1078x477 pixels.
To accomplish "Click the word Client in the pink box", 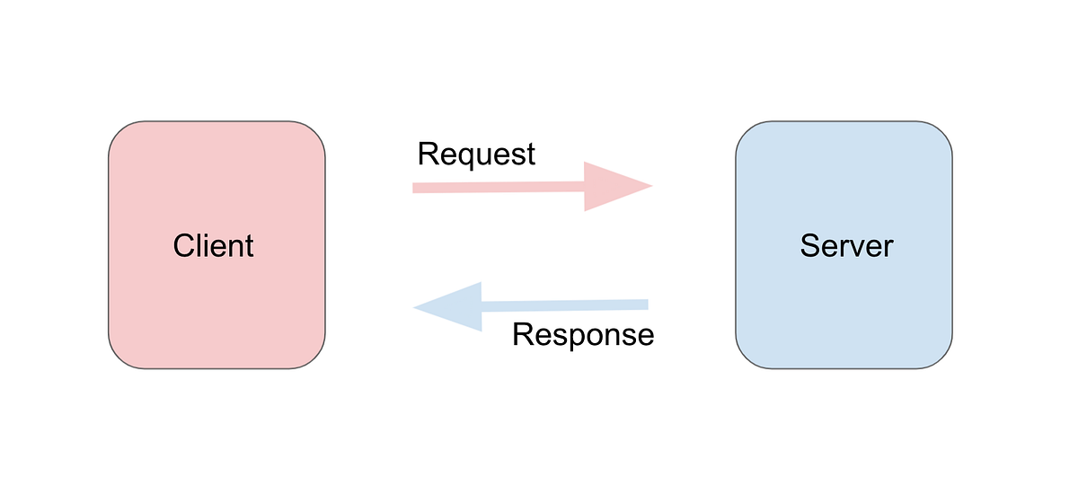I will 214,245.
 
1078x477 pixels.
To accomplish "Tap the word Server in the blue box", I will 846,245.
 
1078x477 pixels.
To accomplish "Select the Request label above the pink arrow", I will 476,154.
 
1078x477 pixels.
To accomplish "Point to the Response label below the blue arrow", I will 583,335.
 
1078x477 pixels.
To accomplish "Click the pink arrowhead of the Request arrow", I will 615,187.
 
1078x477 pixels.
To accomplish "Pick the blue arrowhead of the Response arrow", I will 449,307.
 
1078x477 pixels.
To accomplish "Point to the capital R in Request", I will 428,154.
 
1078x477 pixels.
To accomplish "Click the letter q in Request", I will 466,157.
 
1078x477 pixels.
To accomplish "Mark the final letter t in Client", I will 250,245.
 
